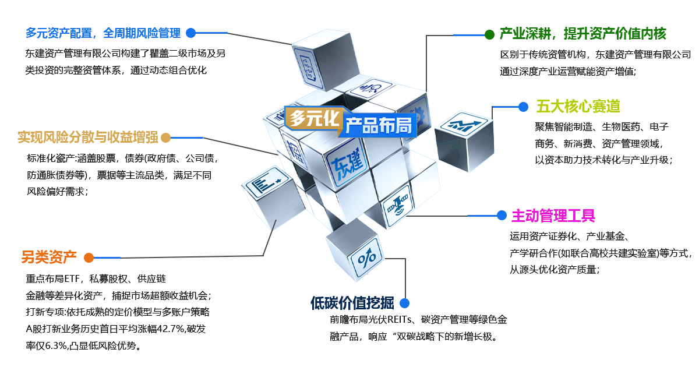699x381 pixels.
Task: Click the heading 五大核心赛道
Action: click(x=578, y=107)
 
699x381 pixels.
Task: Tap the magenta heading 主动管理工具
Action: click(x=553, y=216)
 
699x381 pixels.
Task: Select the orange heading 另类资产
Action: click(x=49, y=257)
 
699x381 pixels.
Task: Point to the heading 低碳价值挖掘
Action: click(x=352, y=303)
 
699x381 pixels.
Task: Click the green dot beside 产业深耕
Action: click(x=489, y=34)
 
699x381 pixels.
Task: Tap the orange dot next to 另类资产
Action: click(x=89, y=257)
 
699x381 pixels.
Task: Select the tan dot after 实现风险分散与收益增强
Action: click(x=165, y=137)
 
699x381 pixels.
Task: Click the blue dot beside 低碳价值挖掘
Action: click(x=404, y=303)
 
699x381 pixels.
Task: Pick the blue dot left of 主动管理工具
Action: click(x=502, y=216)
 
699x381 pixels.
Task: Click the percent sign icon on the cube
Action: click(x=366, y=257)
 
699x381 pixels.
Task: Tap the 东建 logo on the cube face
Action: click(x=347, y=163)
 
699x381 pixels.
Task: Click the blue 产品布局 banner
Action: click(x=378, y=125)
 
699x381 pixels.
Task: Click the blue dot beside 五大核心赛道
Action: click(x=523, y=107)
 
